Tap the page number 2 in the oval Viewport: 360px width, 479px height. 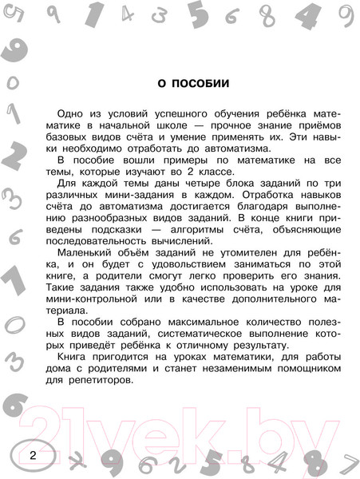(x=33, y=456)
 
